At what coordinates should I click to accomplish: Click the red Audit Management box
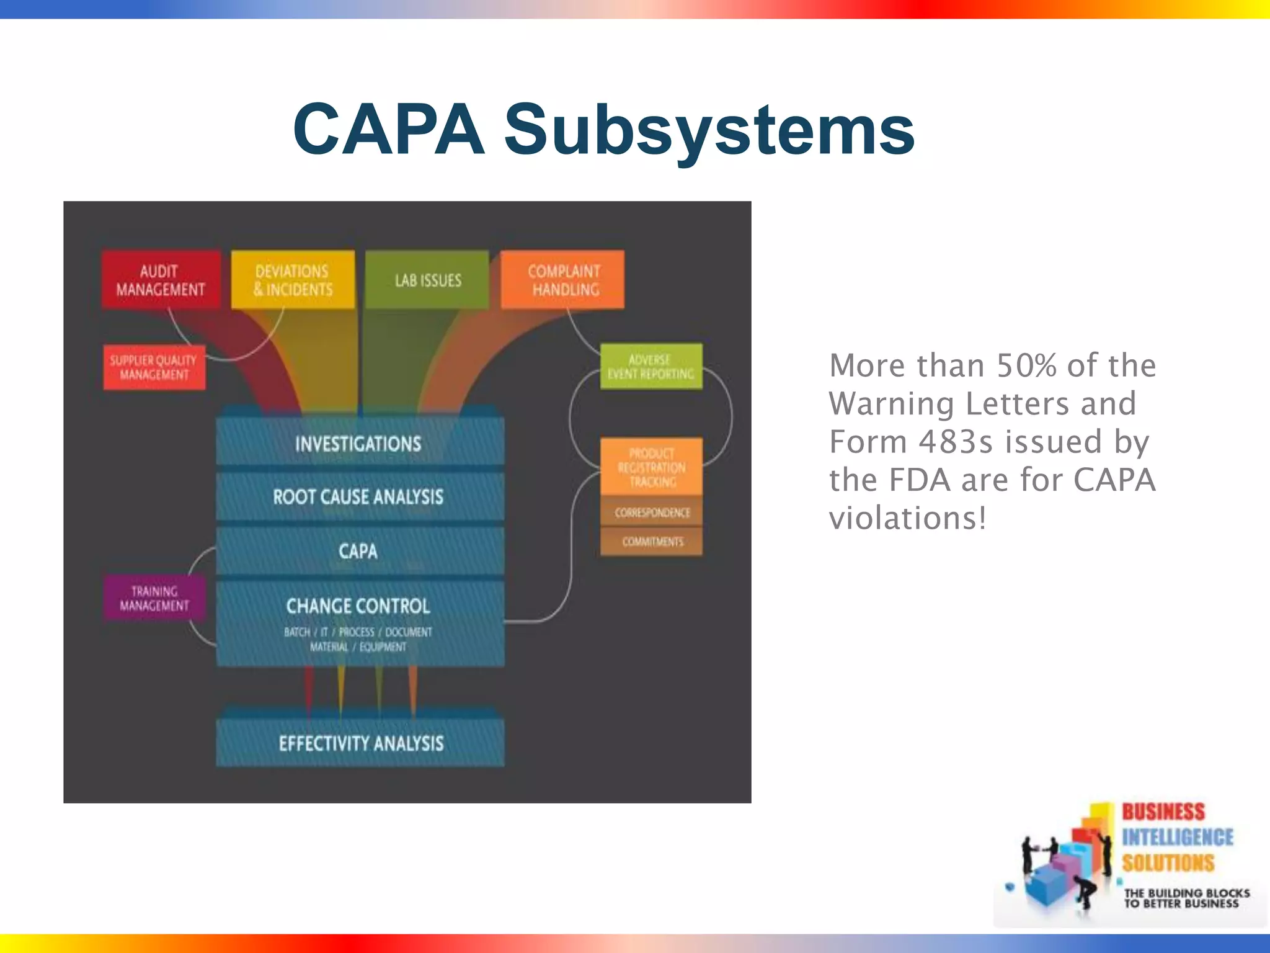[x=161, y=280]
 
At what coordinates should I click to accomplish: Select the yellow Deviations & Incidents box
[x=293, y=280]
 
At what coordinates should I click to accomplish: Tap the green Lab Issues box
[x=427, y=280]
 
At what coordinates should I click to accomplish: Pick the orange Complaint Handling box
[x=562, y=280]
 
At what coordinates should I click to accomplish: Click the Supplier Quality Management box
[x=154, y=367]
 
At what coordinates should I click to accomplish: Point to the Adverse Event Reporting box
[x=651, y=367]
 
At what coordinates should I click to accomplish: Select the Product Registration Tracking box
[x=651, y=467]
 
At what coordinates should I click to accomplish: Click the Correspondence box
[x=652, y=512]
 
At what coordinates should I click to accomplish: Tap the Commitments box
[x=652, y=542]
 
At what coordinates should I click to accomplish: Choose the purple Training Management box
[x=154, y=598]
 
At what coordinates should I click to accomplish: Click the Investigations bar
[x=359, y=443]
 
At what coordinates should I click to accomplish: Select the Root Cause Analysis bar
[x=359, y=496]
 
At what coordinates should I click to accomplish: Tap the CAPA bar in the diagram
[x=359, y=551]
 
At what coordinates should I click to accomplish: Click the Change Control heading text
[x=358, y=606]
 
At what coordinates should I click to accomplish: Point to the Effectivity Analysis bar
[x=360, y=743]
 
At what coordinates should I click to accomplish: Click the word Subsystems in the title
[x=709, y=130]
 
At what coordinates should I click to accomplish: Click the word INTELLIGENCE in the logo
[x=1177, y=837]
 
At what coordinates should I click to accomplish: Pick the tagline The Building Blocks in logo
[x=1186, y=893]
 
